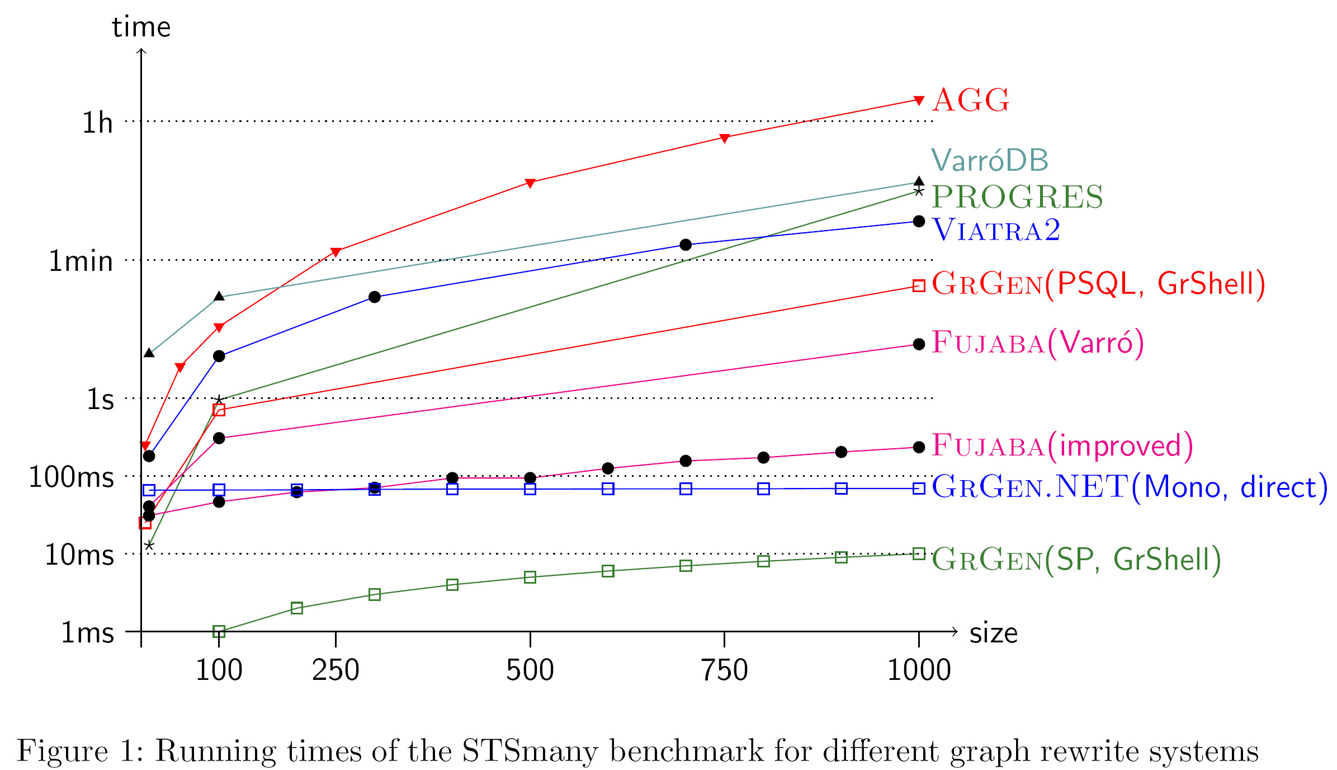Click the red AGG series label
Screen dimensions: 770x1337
point(971,101)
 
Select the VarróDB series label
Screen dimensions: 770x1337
point(989,161)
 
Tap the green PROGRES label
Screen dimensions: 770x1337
point(1017,197)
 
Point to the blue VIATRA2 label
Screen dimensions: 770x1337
point(996,230)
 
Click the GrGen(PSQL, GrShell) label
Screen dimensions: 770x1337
point(1098,284)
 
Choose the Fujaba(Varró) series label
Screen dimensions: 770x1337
point(1038,342)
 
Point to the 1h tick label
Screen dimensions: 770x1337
point(97,123)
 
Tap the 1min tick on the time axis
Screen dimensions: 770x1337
point(81,261)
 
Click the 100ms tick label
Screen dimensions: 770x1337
point(72,478)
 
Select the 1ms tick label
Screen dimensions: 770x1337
point(87,633)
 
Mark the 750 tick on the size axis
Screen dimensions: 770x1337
point(724,670)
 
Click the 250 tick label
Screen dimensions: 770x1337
point(336,670)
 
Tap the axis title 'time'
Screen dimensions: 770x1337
point(141,27)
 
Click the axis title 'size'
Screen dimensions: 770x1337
point(993,633)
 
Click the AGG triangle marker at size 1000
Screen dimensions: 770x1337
point(919,100)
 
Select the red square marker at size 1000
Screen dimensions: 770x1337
point(919,286)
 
